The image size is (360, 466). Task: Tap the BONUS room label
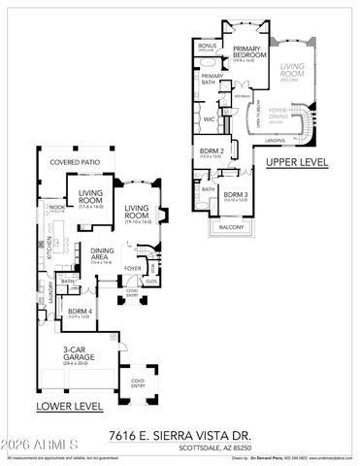tap(207, 46)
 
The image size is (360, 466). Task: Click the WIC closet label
tap(208, 118)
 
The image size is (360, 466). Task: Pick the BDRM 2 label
tap(213, 152)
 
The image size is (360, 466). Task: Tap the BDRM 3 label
tap(236, 195)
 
